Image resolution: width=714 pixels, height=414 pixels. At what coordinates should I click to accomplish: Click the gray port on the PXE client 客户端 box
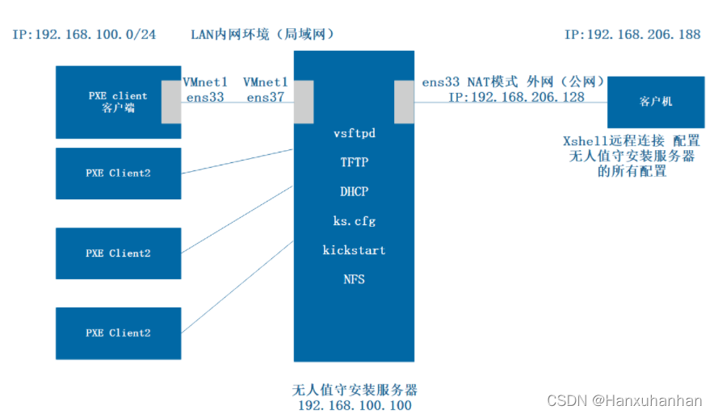[x=171, y=102]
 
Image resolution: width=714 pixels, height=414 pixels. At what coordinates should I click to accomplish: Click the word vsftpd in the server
[x=354, y=133]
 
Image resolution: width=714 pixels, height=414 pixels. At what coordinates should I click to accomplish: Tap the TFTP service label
[x=354, y=162]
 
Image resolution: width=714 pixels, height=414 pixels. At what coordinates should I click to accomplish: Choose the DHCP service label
[x=354, y=191]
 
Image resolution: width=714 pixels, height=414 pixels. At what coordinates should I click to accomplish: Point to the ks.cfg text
[x=354, y=220]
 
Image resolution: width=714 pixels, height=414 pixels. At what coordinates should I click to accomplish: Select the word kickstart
[x=354, y=250]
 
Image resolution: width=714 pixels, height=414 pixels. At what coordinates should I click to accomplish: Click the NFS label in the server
[x=354, y=279]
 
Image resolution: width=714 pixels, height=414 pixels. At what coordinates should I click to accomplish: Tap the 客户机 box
[x=655, y=102]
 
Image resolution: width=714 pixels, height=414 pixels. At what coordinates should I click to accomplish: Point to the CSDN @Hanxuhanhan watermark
[x=624, y=400]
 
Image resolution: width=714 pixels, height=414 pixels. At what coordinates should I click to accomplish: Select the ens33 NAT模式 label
[x=469, y=82]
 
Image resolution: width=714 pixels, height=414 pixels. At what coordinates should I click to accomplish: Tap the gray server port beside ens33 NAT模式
[x=404, y=102]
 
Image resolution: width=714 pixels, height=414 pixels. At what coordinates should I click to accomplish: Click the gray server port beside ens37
[x=303, y=102]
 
